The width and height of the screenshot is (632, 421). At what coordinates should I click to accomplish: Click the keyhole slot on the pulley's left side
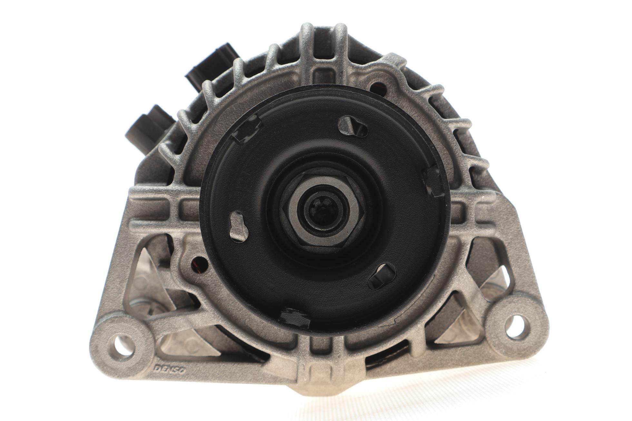[239, 225]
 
